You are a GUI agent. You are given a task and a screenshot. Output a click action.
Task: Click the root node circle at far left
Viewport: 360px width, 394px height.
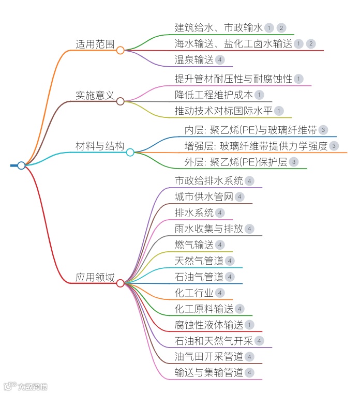pyautogui.click(x=21, y=165)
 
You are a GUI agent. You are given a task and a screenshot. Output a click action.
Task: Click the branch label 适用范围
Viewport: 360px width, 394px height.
pyautogui.click(x=95, y=44)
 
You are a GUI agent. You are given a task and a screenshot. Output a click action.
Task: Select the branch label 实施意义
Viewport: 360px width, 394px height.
pyautogui.click(x=95, y=95)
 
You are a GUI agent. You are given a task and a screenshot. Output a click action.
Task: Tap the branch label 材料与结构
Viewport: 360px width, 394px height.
pyautogui.click(x=100, y=146)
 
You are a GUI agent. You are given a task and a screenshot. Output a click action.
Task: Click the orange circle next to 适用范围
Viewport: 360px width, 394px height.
pyautogui.click(x=120, y=50)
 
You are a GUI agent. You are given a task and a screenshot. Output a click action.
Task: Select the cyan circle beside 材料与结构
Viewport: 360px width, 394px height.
pyautogui.click(x=130, y=153)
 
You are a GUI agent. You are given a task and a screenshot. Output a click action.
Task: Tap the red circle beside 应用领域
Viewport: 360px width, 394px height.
pyautogui.click(x=120, y=283)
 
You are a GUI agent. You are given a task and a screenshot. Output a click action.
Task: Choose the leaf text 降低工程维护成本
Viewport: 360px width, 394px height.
pyautogui.click(x=214, y=95)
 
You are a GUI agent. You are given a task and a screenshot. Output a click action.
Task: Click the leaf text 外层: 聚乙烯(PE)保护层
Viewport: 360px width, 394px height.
pyautogui.click(x=235, y=162)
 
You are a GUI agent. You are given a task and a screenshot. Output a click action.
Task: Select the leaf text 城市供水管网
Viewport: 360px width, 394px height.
pyautogui.click(x=204, y=197)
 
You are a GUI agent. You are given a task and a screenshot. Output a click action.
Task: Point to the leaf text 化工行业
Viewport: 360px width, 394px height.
pyautogui.click(x=194, y=293)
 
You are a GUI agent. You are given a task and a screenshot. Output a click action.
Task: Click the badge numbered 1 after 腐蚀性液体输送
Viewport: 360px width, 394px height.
pyautogui.click(x=250, y=325)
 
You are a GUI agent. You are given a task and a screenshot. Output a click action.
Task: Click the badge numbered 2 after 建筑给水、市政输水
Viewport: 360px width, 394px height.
pyautogui.click(x=281, y=28)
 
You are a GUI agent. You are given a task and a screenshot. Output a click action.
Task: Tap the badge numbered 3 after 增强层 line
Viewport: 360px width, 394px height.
pyautogui.click(x=334, y=146)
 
